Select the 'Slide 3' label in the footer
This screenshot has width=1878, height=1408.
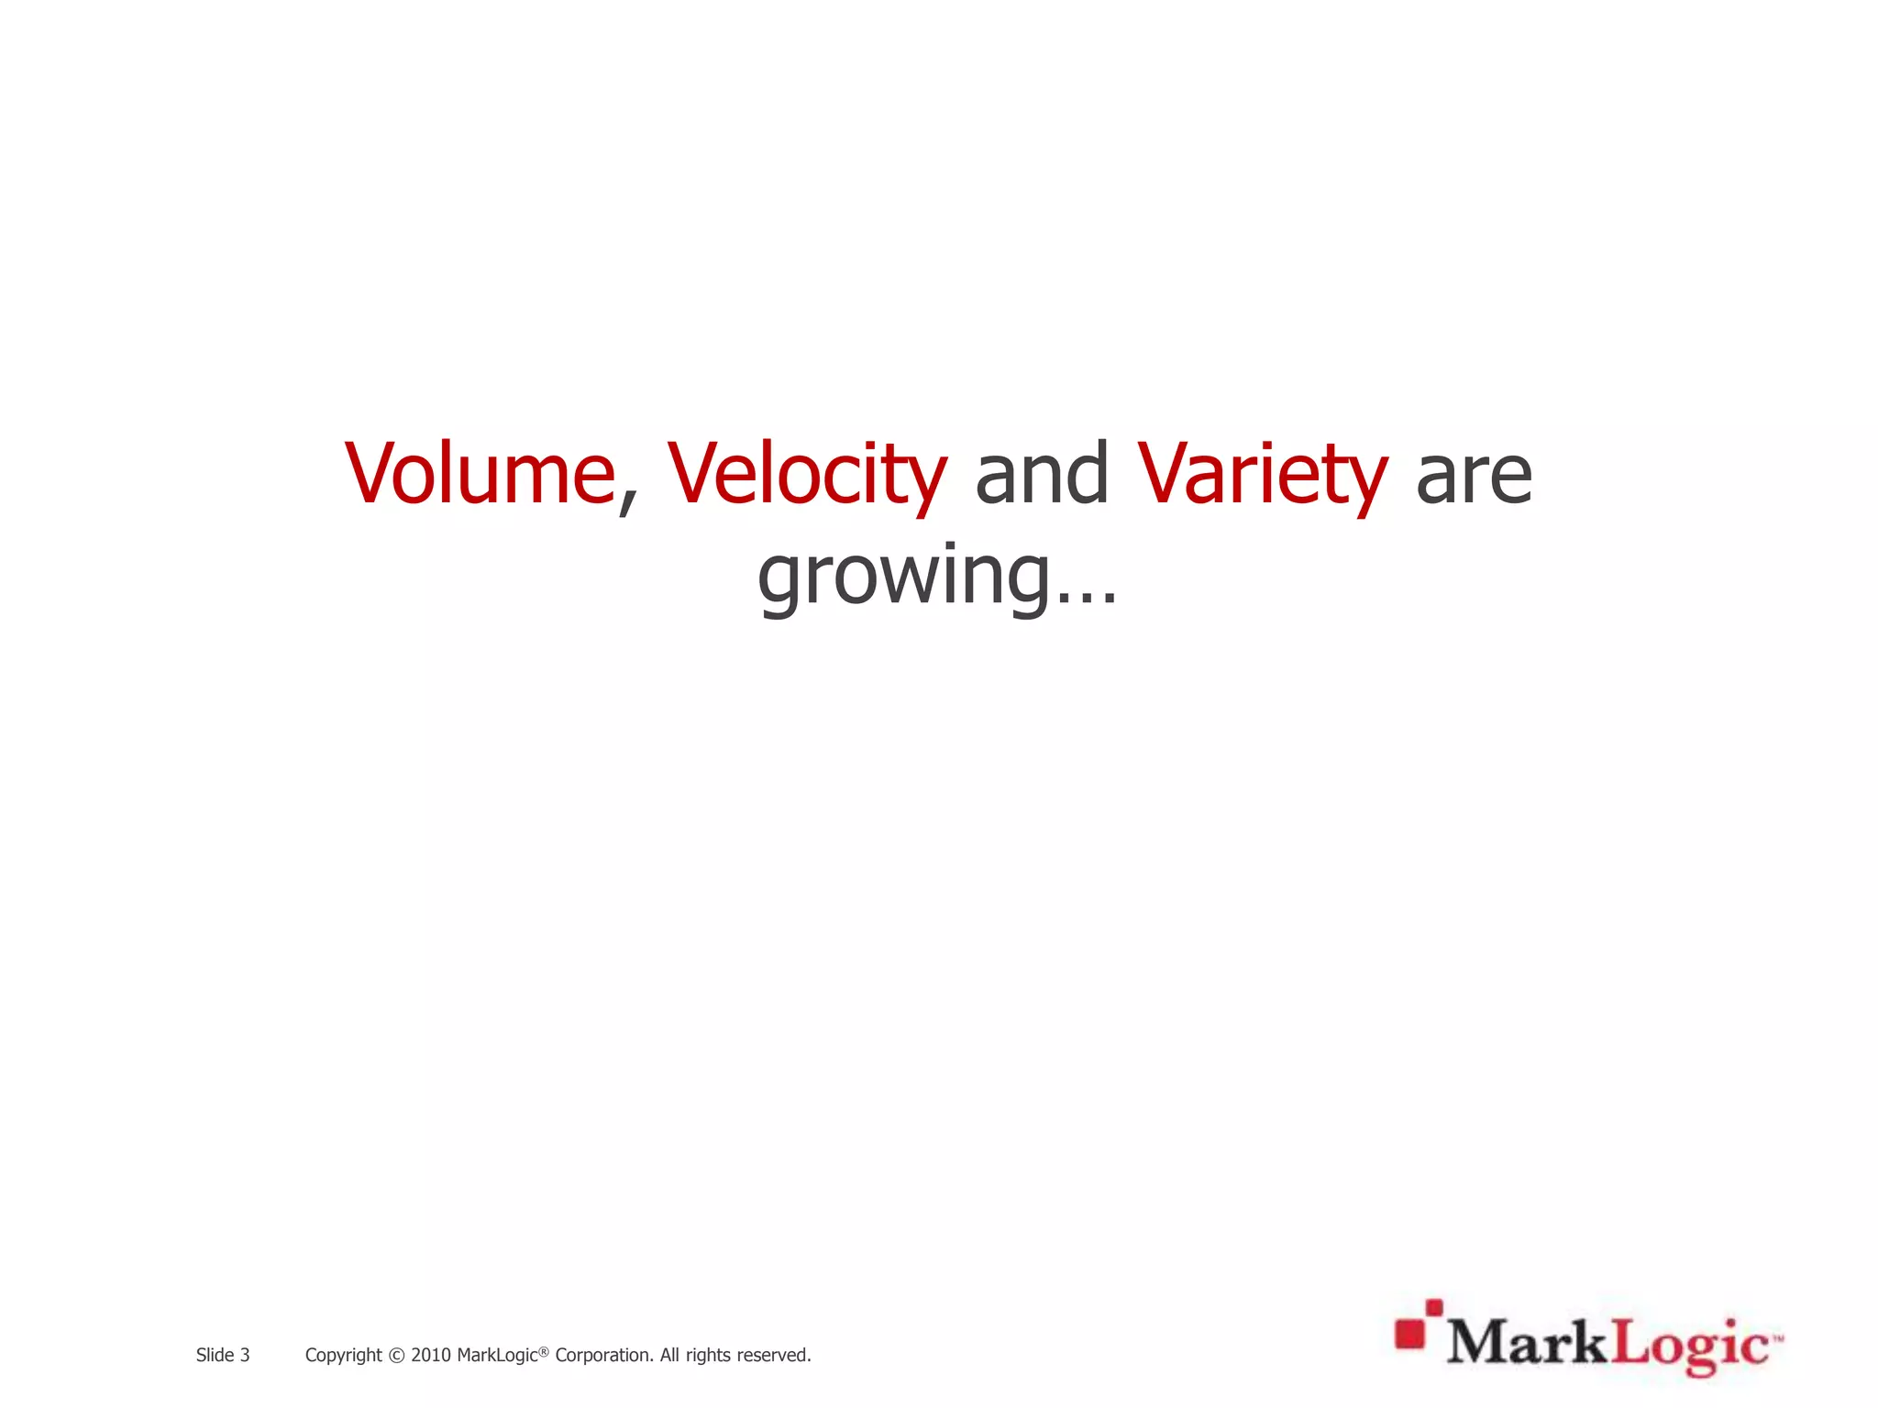point(223,1355)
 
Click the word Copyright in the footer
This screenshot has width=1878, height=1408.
point(343,1355)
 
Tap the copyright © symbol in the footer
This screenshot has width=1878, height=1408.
point(396,1356)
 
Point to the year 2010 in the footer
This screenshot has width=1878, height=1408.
point(430,1355)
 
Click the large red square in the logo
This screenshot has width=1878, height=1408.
point(1409,1335)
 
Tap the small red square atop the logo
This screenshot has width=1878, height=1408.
point(1434,1306)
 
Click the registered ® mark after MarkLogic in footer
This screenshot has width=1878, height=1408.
point(543,1350)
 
